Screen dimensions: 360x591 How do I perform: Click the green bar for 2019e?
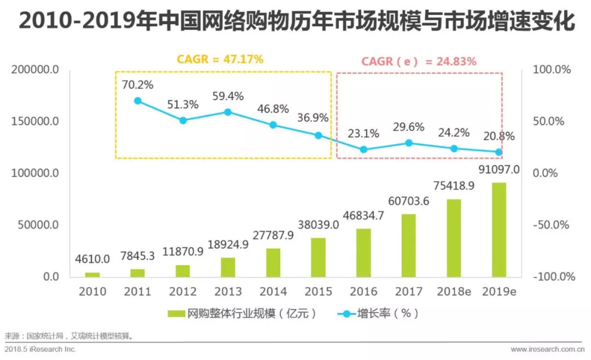(499, 230)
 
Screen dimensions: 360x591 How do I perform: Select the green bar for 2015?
(318, 257)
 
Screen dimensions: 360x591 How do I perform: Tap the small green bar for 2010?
(92, 274)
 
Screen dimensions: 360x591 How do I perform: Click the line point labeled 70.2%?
(137, 101)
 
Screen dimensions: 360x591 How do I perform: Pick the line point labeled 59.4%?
(228, 112)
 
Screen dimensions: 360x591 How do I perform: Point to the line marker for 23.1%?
(363, 149)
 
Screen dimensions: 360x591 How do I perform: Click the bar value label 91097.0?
(499, 170)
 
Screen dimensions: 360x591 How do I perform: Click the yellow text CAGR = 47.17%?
(220, 59)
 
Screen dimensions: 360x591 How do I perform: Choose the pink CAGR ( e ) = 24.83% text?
(419, 61)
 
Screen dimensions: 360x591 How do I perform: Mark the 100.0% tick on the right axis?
(551, 70)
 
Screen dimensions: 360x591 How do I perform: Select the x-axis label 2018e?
(454, 291)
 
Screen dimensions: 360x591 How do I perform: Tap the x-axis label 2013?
(228, 291)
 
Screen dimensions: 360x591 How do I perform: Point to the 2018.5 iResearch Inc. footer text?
(40, 349)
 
